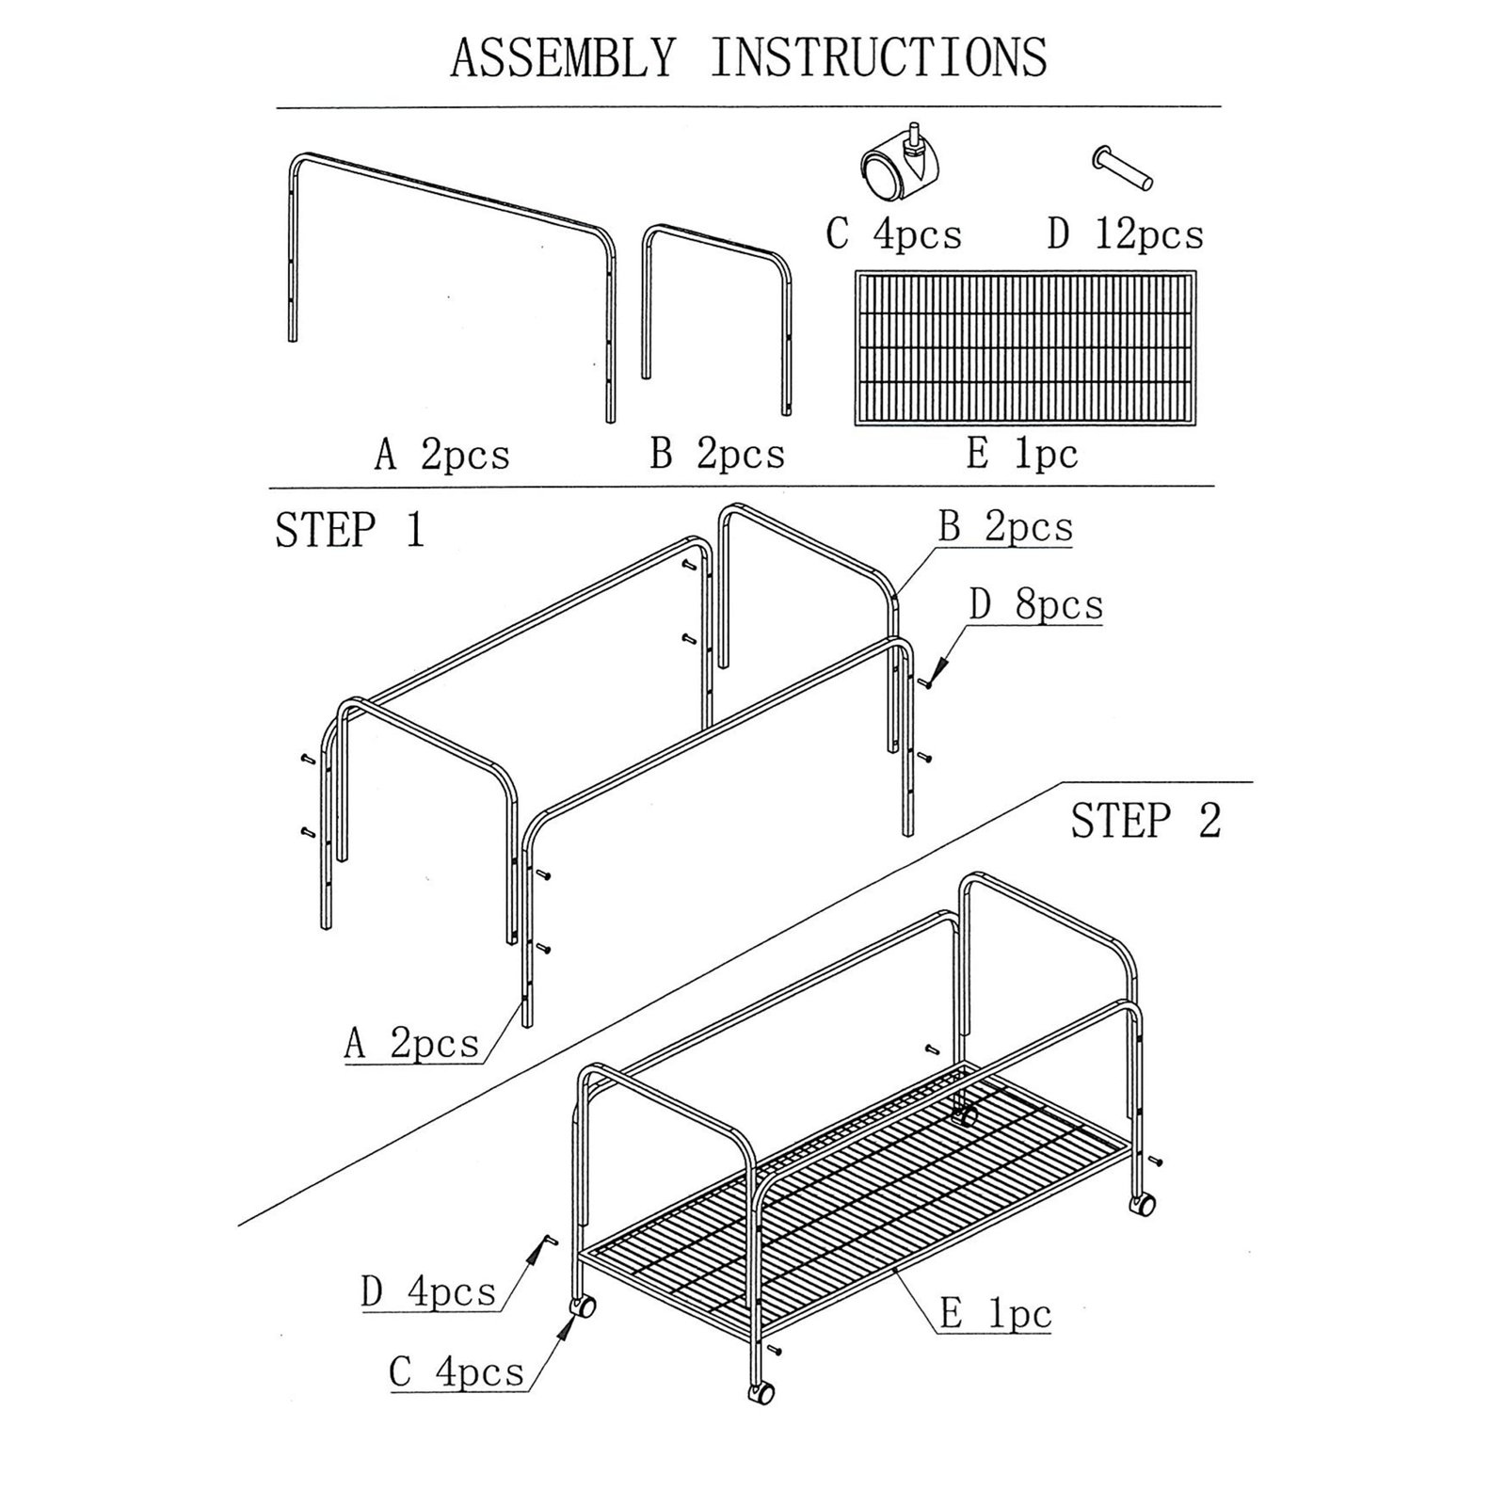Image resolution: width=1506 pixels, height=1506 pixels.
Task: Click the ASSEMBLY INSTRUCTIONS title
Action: pyautogui.click(x=748, y=57)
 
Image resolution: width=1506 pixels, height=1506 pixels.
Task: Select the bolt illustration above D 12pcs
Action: pyautogui.click(x=1122, y=168)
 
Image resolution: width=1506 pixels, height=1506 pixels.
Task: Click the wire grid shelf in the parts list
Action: pyautogui.click(x=1025, y=347)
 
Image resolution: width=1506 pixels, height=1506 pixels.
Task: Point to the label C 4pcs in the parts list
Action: pyautogui.click(x=893, y=234)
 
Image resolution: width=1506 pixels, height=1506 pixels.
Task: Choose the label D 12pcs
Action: pyautogui.click(x=1125, y=234)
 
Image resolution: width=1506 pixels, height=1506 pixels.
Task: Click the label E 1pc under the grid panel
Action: pyautogui.click(x=1021, y=455)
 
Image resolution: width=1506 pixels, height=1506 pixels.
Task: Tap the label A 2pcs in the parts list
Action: pyautogui.click(x=441, y=456)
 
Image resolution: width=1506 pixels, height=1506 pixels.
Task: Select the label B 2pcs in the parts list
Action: pyautogui.click(x=717, y=455)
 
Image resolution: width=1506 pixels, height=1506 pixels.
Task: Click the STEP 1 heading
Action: pyautogui.click(x=349, y=530)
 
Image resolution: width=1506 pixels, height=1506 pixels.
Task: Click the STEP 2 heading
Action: pyautogui.click(x=1146, y=821)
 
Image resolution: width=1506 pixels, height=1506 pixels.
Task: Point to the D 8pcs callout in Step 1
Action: pyautogui.click(x=1035, y=604)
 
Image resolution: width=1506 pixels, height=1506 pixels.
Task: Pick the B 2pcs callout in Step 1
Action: pyautogui.click(x=1005, y=527)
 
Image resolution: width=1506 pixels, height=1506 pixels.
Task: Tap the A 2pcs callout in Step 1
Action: pyautogui.click(x=411, y=1043)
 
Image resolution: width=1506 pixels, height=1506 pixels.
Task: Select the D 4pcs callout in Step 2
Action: pyautogui.click(x=428, y=1291)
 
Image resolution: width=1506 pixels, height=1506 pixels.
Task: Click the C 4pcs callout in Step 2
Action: pyautogui.click(x=457, y=1371)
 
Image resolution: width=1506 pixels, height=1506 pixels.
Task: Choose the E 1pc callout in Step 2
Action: pyautogui.click(x=995, y=1313)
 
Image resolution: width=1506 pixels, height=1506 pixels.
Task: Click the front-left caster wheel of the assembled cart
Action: pyautogui.click(x=582, y=1306)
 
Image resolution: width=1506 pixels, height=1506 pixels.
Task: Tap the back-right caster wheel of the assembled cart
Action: pyautogui.click(x=1143, y=1204)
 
